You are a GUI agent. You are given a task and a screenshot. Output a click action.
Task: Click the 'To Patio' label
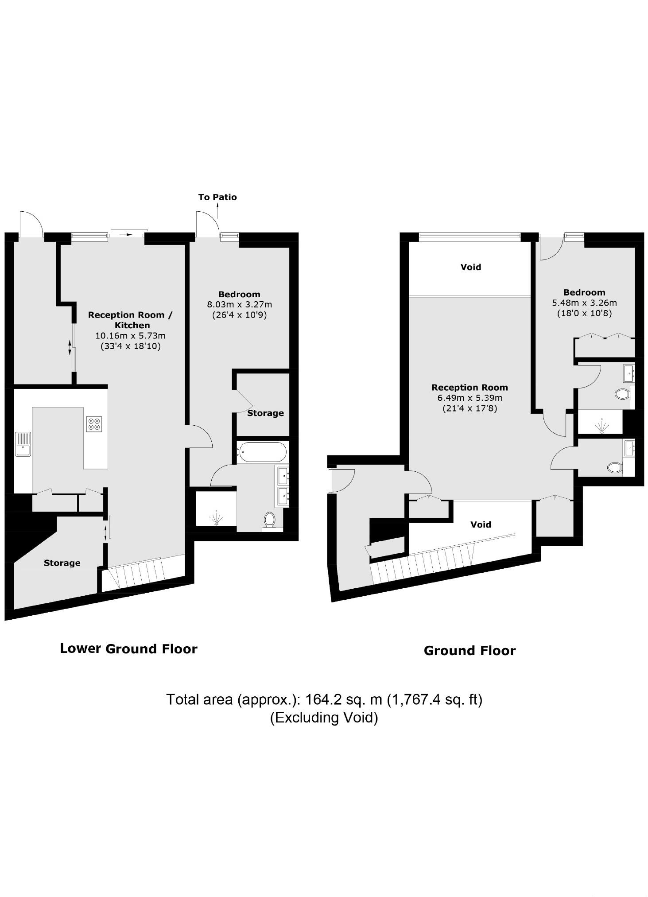coord(217,197)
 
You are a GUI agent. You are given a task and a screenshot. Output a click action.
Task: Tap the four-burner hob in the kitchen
coord(94,424)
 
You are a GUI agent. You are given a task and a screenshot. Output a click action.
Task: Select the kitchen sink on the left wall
coord(23,444)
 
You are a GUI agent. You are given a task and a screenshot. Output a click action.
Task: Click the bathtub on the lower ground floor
coord(261,452)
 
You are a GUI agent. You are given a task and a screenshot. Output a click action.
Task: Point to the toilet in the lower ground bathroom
coord(269,519)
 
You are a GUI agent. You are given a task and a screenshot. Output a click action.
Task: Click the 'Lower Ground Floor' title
coord(128,649)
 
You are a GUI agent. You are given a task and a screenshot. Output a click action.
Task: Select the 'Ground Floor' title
coord(470,651)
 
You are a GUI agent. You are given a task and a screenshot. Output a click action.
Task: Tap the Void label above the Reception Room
coord(470,267)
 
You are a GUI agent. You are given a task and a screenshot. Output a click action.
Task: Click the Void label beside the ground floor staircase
coord(481,524)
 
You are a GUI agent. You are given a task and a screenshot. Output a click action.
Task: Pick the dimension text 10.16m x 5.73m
coord(130,336)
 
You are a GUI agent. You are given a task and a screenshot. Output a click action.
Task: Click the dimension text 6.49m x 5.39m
coord(470,398)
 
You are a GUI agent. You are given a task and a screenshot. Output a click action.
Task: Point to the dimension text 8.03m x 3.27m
coord(239,305)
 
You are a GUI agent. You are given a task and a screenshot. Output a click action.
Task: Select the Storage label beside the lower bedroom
coord(265,413)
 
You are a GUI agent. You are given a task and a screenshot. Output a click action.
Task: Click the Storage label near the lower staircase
coord(62,563)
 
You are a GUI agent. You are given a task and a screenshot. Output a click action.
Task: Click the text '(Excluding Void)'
coord(324,717)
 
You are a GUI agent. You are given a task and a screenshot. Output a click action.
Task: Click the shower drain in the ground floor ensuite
coord(601,427)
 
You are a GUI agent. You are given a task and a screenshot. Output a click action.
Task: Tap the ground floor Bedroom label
coord(584,292)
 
